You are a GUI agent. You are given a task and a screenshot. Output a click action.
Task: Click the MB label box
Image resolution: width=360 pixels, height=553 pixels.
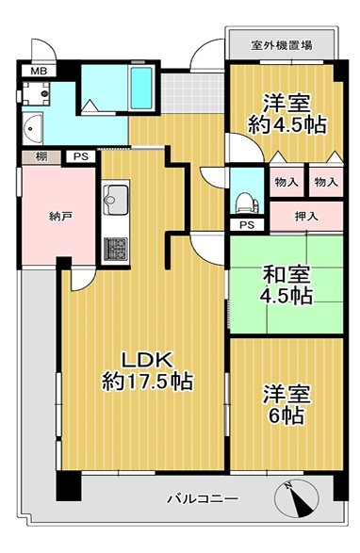point(39,72)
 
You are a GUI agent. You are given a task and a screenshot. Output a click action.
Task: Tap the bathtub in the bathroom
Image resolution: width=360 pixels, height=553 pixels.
point(141,88)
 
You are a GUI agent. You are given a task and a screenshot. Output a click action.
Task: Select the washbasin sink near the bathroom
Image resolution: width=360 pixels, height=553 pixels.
point(33,128)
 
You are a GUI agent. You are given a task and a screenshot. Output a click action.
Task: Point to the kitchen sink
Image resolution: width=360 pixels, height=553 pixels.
point(115,200)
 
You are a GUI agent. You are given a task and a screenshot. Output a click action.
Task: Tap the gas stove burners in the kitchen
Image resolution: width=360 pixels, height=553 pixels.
point(115,249)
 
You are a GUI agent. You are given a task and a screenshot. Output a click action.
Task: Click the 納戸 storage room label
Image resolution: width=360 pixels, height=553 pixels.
point(58,217)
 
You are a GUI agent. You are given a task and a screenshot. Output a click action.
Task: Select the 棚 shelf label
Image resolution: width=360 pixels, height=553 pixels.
point(41,156)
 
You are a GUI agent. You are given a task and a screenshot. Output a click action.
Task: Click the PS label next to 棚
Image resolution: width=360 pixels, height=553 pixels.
point(81,156)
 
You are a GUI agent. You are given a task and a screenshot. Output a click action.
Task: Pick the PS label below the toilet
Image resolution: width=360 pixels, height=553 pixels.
point(247,224)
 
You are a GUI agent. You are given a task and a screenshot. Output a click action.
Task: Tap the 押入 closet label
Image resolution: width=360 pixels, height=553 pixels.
point(306,217)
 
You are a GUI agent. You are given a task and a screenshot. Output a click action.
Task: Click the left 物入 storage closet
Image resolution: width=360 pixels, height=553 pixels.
point(286,182)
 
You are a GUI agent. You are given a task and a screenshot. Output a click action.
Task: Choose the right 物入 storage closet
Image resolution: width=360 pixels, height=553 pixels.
point(326,182)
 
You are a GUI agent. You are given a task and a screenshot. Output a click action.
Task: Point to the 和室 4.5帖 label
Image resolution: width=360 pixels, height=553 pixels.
point(286,285)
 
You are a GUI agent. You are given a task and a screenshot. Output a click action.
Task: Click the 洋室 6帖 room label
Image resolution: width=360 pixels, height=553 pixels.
point(286,404)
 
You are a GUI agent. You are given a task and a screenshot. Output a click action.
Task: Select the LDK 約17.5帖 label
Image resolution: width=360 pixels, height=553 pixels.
point(147,370)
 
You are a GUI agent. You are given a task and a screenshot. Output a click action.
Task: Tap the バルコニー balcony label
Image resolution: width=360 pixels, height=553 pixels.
point(203,498)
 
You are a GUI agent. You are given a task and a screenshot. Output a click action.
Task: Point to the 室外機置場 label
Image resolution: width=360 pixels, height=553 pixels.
point(281,45)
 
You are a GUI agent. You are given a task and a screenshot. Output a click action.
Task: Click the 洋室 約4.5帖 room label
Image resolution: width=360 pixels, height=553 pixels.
point(286,114)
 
